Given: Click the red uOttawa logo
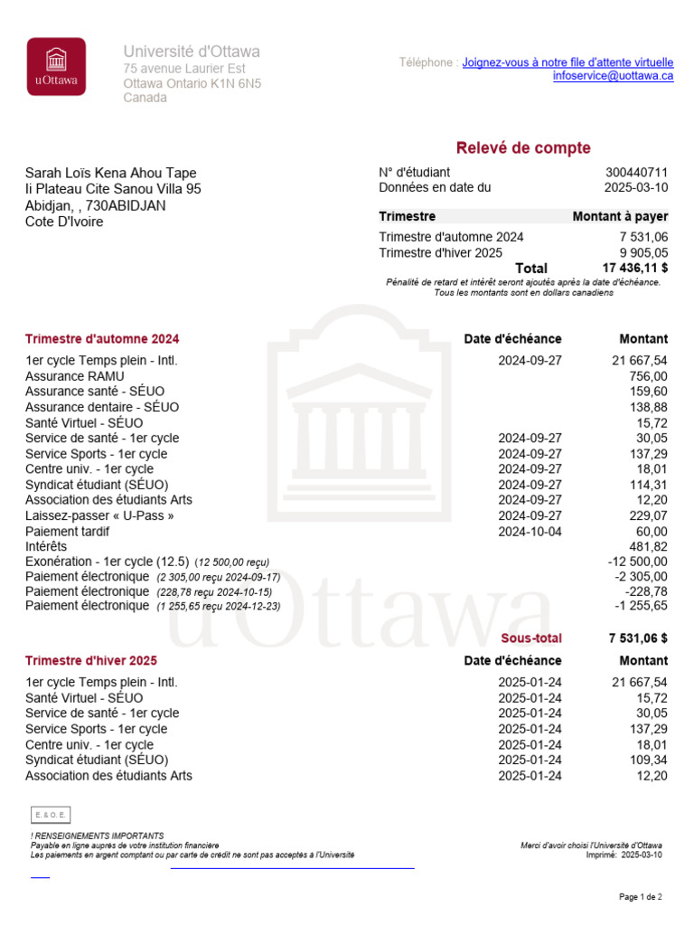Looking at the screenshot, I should pos(56,66).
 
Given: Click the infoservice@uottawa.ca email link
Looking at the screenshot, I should pos(613,76).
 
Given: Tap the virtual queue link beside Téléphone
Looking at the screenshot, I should pos(567,62).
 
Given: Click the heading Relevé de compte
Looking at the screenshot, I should pos(522,148).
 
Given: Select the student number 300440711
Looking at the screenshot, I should pos(636,173).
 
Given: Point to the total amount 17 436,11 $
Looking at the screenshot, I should pos(634,268).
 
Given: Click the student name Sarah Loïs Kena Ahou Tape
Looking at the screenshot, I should pos(110,174).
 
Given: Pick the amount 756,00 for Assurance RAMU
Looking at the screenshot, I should pos(648,376).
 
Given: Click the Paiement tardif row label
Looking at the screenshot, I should pos(69,531).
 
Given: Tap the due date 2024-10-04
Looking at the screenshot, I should pos(530,531).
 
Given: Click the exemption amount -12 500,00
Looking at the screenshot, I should pos(637,562).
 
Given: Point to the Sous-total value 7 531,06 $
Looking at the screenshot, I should pos(638,638).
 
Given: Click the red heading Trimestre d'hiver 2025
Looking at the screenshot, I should pos(91,661).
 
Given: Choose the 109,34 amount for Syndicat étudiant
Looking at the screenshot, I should pos(648,760).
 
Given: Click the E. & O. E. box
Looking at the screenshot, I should pos(50,814).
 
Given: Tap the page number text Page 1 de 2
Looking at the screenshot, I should pos(640,897).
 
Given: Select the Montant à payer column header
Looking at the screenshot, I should pos(620,217).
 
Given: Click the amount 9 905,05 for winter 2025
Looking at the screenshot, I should pos(643,252).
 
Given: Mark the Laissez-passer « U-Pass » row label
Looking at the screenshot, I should pos(99,515).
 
